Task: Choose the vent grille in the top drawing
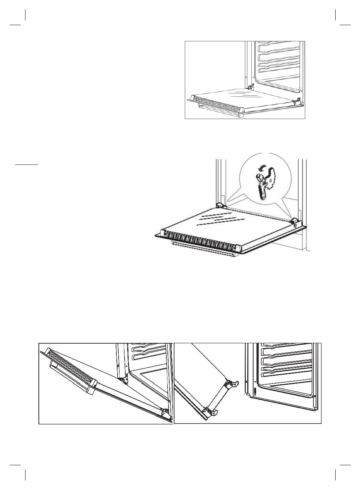[218, 104]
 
